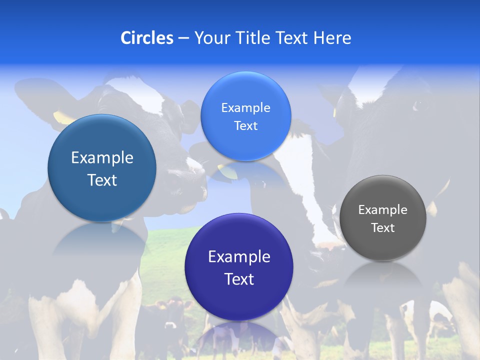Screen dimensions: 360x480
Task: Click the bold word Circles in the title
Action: click(x=146, y=38)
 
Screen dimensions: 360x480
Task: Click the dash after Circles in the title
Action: click(x=183, y=38)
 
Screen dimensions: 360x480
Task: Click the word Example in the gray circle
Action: click(x=382, y=210)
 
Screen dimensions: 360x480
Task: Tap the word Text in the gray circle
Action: click(x=382, y=228)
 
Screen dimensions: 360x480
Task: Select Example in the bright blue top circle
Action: click(x=245, y=108)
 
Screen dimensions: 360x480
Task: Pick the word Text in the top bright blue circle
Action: click(x=245, y=126)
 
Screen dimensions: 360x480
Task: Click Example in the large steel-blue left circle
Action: click(x=102, y=158)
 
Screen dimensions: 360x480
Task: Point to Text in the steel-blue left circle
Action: click(x=102, y=180)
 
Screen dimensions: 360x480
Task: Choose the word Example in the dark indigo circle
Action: click(x=239, y=257)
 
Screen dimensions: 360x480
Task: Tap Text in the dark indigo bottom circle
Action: click(x=239, y=279)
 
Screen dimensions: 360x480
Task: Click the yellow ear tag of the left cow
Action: click(x=62, y=117)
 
